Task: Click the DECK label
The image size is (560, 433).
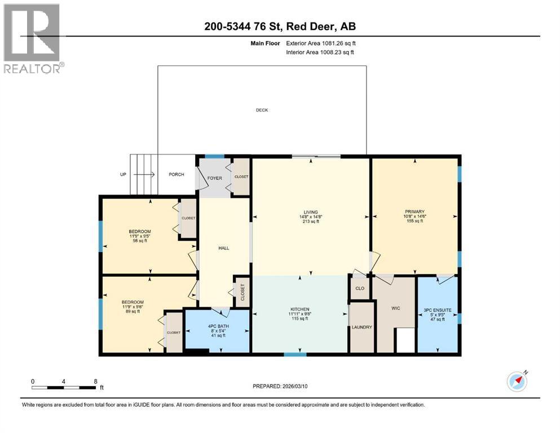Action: pos(261,110)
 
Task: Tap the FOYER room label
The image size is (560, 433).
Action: pos(214,178)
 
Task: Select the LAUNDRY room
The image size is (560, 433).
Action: pos(361,327)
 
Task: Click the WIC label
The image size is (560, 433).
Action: pos(395,308)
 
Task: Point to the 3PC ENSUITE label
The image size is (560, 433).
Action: pos(437,310)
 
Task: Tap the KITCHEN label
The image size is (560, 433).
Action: pos(299,310)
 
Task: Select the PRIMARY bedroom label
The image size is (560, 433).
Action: pos(414,213)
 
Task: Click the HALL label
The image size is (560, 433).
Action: pos(223,248)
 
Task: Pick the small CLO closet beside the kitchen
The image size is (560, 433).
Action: pos(359,288)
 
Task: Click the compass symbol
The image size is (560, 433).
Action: pos(517,381)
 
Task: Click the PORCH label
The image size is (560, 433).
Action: pos(177,174)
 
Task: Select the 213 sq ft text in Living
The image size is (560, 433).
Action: pos(310,222)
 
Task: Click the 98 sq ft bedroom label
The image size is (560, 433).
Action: pos(139,241)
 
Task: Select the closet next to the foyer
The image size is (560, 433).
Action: pos(241,176)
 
